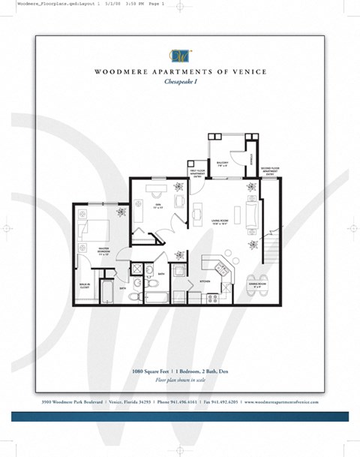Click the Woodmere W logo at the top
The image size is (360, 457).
180,55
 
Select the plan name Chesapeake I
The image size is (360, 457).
180,83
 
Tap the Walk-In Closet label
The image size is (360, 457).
85,286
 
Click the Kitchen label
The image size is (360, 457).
205,281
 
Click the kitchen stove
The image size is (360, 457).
212,297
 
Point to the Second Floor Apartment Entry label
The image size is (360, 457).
269,171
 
